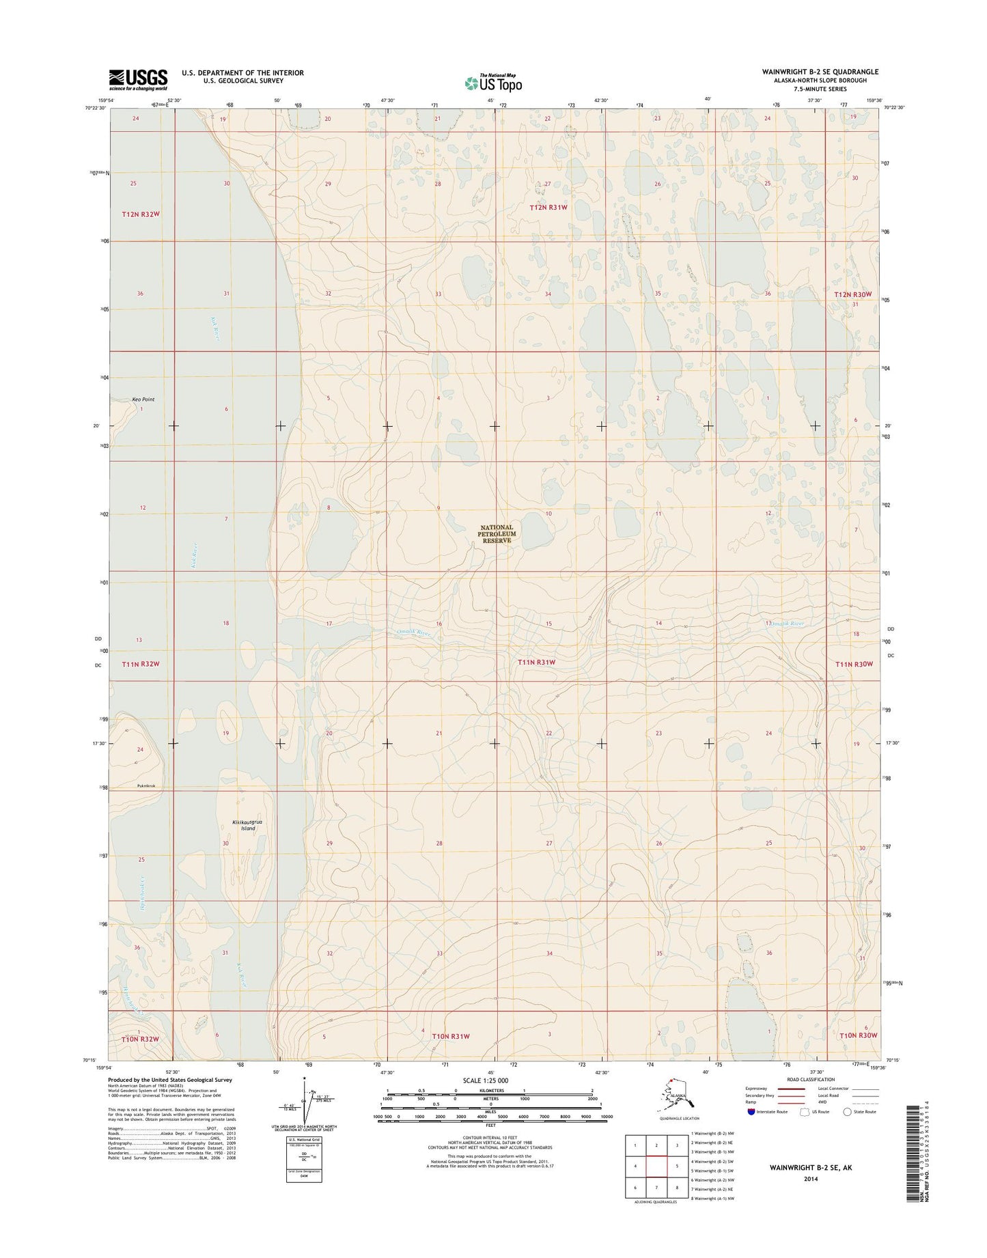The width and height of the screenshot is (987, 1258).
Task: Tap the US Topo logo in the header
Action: coord(493,82)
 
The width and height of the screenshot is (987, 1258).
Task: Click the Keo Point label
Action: coord(143,399)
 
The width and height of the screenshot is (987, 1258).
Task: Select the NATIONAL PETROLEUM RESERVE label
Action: coord(497,533)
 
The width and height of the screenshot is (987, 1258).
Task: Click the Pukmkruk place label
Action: coord(145,786)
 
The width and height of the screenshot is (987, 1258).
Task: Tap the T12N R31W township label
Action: coord(549,207)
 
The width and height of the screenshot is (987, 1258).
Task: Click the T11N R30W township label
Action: coord(854,664)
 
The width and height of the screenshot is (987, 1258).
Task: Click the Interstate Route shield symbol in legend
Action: coord(751,1111)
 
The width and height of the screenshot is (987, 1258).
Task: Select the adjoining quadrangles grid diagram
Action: coord(656,1168)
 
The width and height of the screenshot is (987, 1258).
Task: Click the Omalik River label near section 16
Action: coord(414,633)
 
